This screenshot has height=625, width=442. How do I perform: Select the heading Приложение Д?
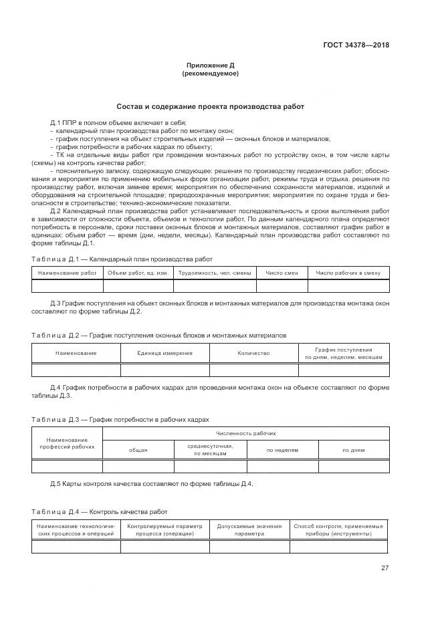[x=209, y=65]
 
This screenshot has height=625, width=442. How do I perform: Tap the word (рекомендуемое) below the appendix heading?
[x=209, y=74]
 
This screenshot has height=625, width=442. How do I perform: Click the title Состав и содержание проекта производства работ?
[x=209, y=106]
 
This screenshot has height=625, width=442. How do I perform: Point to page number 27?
[x=384, y=568]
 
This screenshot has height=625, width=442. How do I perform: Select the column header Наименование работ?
[x=67, y=273]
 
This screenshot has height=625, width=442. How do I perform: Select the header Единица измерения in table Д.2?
[x=164, y=354]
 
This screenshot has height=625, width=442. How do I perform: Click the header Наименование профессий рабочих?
[x=67, y=443]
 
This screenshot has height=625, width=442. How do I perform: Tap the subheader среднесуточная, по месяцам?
[x=210, y=450]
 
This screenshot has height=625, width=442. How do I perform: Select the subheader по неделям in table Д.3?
[x=282, y=451]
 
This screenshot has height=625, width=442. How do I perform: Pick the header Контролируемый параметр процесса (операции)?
[x=164, y=530]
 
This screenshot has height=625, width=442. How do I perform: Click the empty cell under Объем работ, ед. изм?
[x=138, y=286]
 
